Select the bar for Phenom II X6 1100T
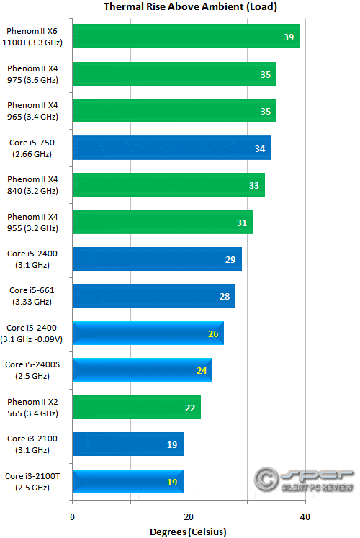coord(185,37)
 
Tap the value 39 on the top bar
coord(289,37)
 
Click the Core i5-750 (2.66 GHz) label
coord(31,148)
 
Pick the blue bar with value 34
coord(171,148)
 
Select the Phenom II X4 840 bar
coord(168,185)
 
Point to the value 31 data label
coord(242,223)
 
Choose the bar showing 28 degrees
coord(153,296)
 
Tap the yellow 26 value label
coord(213,333)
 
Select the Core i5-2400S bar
coord(142,370)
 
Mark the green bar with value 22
coord(136,407)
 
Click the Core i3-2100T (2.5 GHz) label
coord(31,481)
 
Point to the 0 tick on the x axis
coord(72,517)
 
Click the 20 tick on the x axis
coord(189,517)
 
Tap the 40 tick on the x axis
coord(305,517)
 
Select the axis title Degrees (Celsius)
coord(188,532)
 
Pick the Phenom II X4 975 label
coord(31,73)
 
